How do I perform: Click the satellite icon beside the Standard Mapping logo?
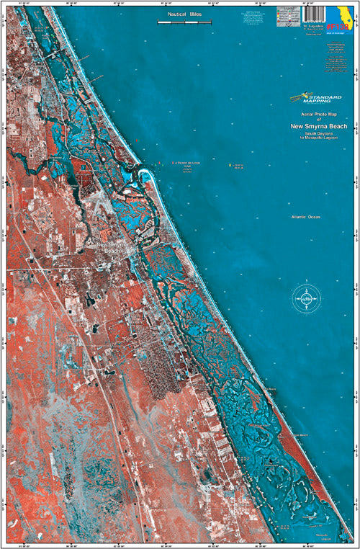click(x=294, y=96)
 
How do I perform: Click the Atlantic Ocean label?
click(x=302, y=217)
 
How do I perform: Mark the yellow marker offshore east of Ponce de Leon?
click(x=230, y=165)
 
